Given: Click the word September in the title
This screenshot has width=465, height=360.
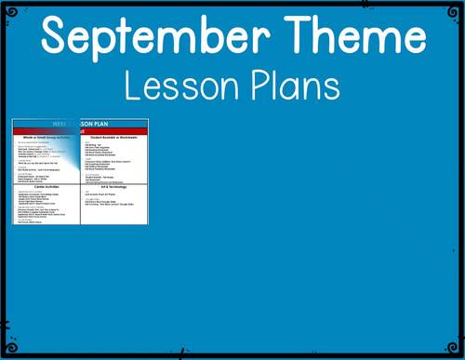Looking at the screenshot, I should (151, 37).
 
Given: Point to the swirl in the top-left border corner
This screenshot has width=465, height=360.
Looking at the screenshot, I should (8, 8).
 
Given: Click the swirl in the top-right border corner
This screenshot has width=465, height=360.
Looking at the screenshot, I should (456, 8).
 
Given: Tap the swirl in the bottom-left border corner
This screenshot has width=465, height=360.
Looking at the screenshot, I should (8, 351).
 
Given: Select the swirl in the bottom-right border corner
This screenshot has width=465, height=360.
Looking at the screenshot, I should (456, 351).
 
